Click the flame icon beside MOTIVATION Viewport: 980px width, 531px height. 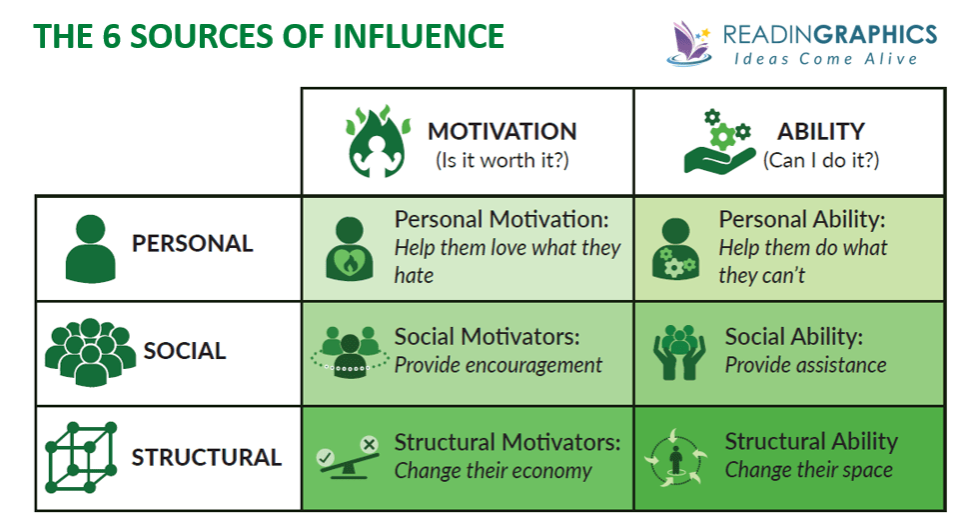(x=378, y=141)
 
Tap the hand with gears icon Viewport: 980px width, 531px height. (x=718, y=143)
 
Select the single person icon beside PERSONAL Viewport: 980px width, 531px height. (x=91, y=248)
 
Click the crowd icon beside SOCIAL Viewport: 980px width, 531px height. (x=90, y=351)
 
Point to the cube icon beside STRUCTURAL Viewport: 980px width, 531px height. (x=81, y=457)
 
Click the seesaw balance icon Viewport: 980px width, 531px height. (x=349, y=458)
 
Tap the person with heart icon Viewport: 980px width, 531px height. (x=350, y=249)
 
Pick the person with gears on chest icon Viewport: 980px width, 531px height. (x=675, y=249)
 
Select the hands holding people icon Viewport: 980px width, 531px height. (x=679, y=352)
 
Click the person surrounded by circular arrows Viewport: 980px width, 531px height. (x=675, y=457)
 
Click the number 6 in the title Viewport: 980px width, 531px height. (x=111, y=36)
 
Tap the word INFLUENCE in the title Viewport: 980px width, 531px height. (x=419, y=36)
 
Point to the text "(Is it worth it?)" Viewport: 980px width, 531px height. (x=502, y=161)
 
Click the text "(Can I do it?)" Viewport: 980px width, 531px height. (x=821, y=161)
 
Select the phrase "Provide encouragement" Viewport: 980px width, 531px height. (x=498, y=365)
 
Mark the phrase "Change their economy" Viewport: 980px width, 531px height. (x=492, y=470)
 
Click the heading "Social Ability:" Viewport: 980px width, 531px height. (x=794, y=337)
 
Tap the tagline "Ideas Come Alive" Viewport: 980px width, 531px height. (x=825, y=59)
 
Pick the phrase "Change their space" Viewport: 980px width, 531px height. (x=809, y=470)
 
